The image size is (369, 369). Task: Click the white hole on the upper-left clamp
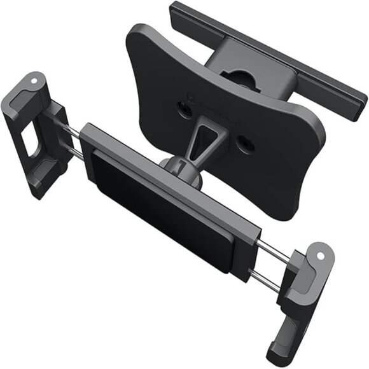35,82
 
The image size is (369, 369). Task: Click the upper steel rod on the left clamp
74,131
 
